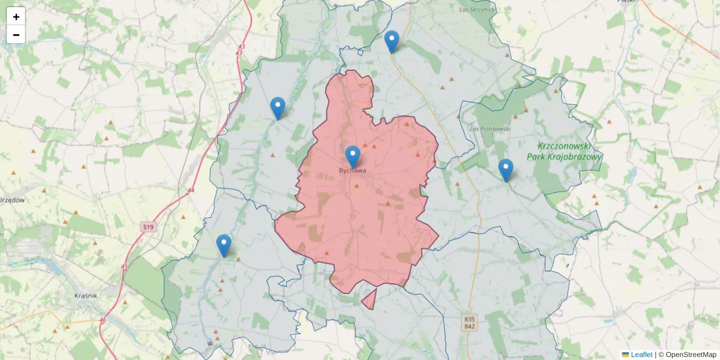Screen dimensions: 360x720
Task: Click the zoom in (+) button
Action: pyautogui.click(x=16, y=17)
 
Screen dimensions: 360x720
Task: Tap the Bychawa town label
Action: pyautogui.click(x=352, y=171)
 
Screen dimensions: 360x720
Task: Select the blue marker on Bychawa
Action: pyautogui.click(x=353, y=156)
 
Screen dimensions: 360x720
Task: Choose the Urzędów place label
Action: pyautogui.click(x=12, y=200)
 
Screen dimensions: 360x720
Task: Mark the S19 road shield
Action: pyautogui.click(x=149, y=227)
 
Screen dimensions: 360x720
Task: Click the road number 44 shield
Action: pyautogui.click(x=191, y=190)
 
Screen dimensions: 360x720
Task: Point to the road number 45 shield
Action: pyautogui.click(x=124, y=266)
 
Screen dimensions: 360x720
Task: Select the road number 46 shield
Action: pyautogui.click(x=102, y=320)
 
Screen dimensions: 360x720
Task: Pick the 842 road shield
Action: pyautogui.click(x=470, y=326)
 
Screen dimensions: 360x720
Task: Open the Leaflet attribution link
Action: pyautogui.click(x=641, y=355)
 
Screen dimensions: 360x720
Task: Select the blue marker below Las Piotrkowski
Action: pyautogui.click(x=506, y=170)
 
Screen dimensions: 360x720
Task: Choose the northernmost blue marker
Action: pyautogui.click(x=392, y=41)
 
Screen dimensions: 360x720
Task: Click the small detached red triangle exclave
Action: pyautogui.click(x=370, y=298)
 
